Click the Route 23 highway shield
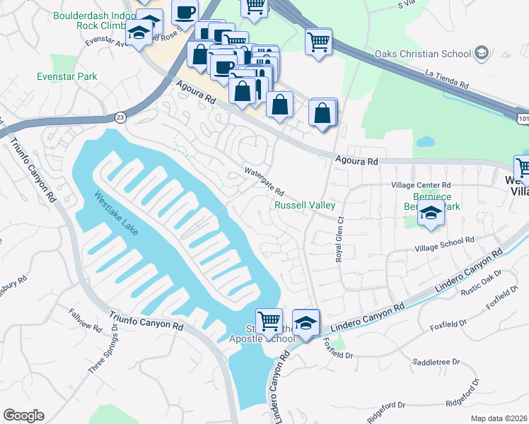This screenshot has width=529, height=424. pos(121,117)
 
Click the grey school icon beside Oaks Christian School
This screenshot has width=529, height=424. pos(482,53)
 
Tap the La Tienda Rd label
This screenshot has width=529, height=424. pos(447,78)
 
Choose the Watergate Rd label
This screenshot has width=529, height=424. pos(264,182)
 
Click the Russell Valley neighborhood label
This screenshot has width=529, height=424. pos(305,206)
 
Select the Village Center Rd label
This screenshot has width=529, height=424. pos(421,185)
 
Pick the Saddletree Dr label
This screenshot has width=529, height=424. pos(436,362)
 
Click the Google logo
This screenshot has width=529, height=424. pos(23,415)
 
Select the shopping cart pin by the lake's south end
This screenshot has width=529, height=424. pos(269,322)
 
